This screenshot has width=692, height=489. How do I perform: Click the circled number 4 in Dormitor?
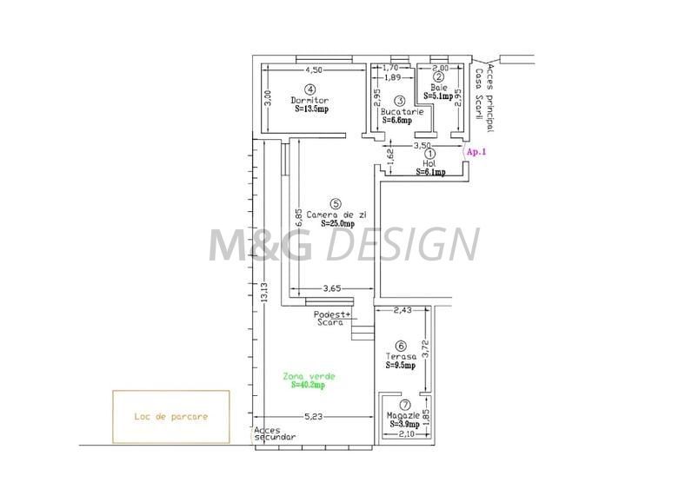309,89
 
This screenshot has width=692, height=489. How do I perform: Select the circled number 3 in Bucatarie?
399,101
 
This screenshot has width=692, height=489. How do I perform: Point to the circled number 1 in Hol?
429,154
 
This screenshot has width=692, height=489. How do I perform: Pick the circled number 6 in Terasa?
400,346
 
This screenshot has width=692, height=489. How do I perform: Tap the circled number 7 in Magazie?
404,405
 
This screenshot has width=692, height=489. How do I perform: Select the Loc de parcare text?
170,417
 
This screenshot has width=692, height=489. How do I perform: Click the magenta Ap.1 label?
477,151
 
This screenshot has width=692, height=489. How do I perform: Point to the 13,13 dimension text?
263,292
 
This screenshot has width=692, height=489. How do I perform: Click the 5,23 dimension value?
316,418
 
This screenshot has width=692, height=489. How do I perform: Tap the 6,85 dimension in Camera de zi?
297,218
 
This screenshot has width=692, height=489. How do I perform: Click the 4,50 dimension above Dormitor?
311,69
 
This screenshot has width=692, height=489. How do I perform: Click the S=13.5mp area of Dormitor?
311,110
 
